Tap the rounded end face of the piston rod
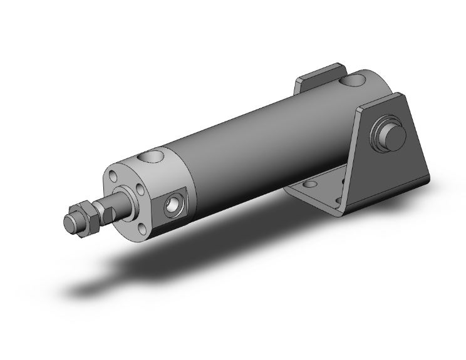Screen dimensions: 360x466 pyautogui.click(x=70, y=223)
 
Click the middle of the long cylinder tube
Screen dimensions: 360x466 pyautogui.click(x=251, y=150)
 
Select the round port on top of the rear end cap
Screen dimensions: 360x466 pyautogui.click(x=355, y=81)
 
